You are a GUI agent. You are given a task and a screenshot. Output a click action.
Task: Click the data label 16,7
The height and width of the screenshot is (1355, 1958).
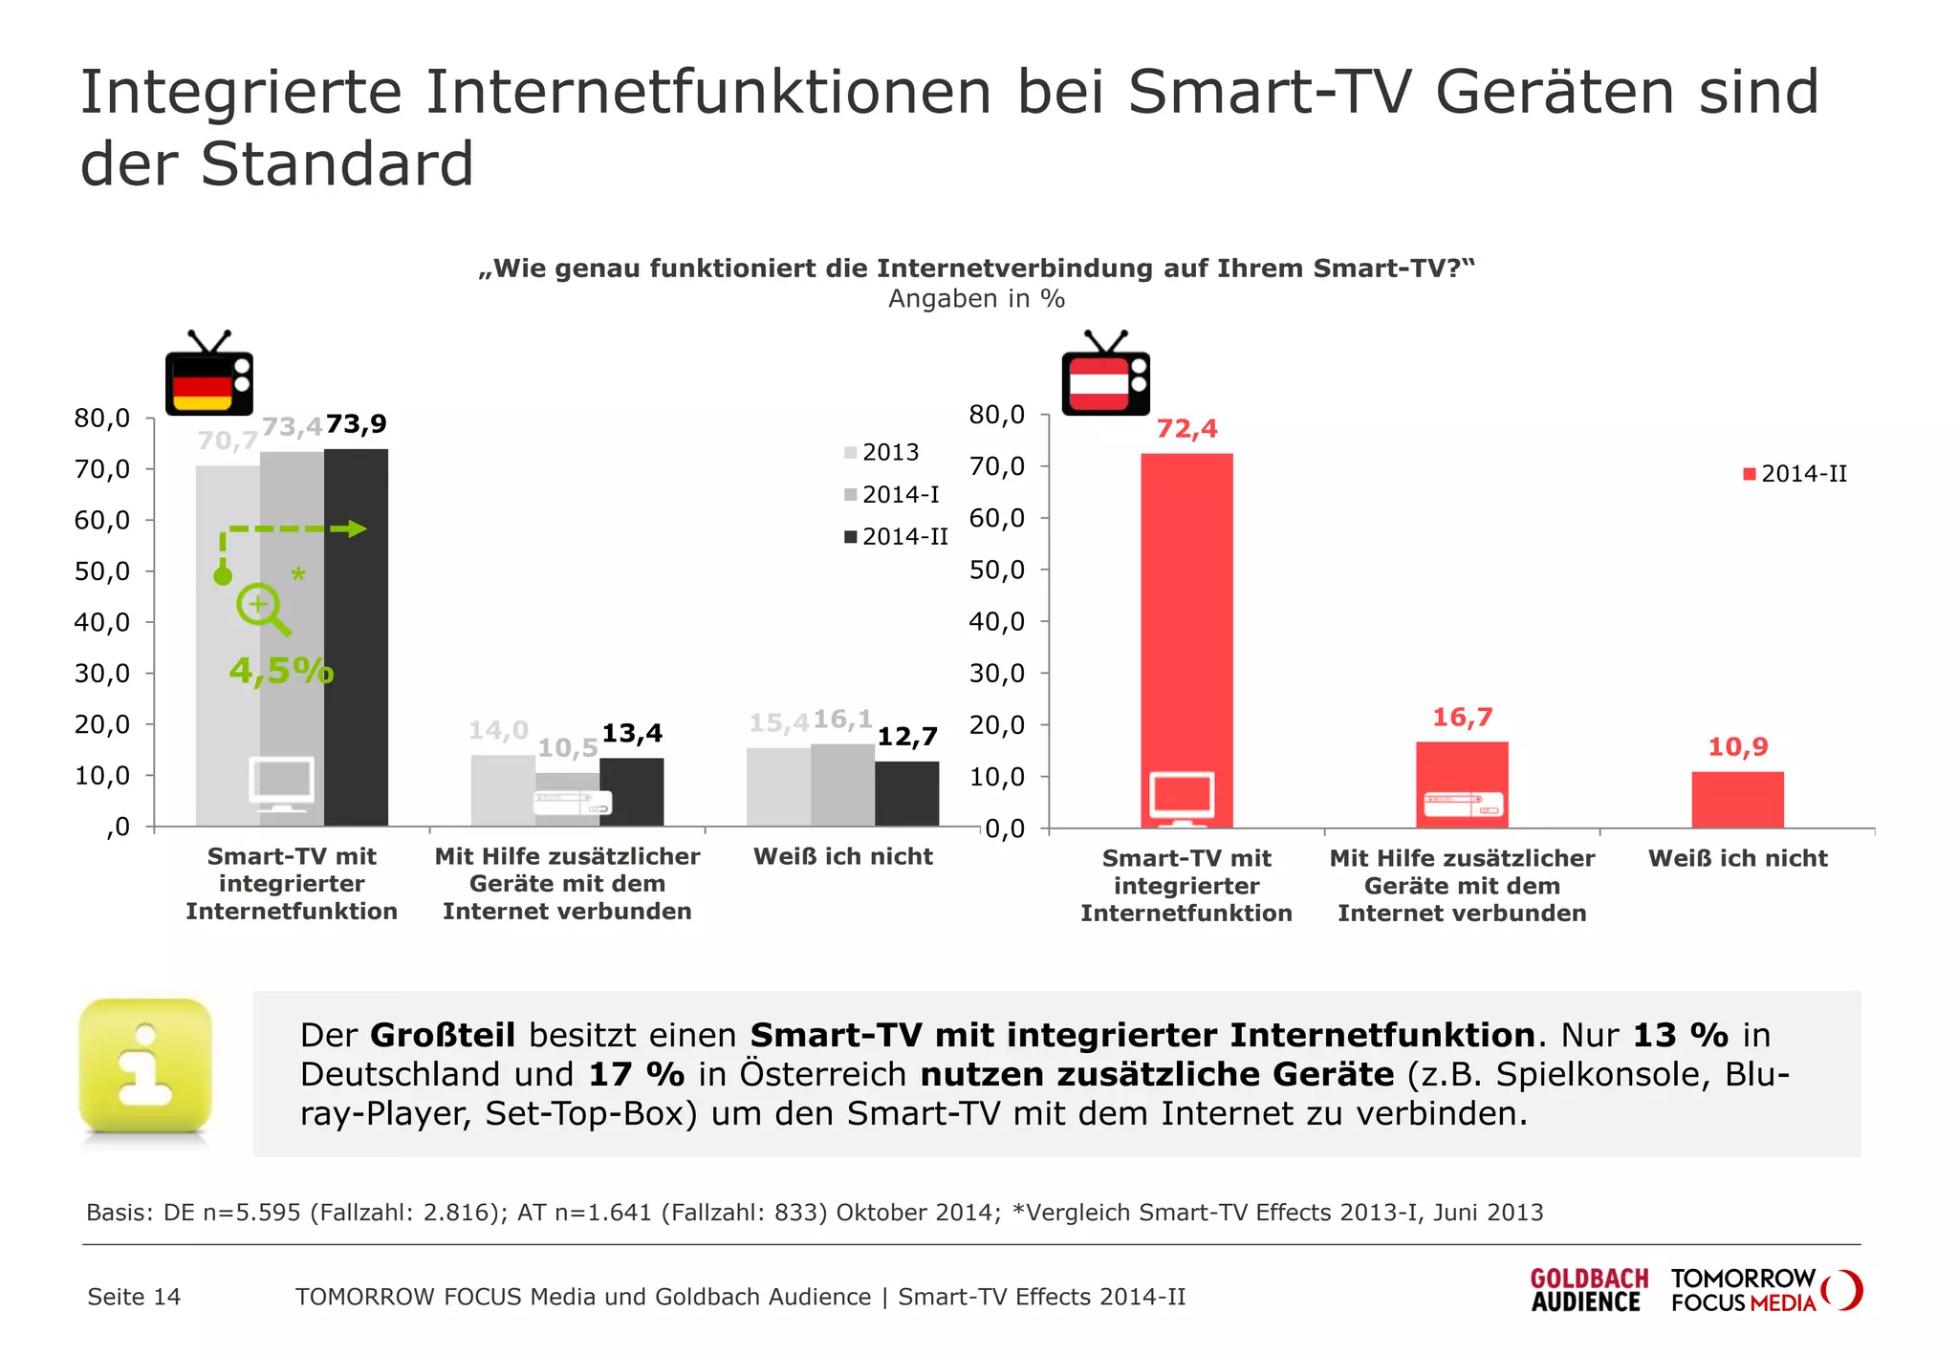tap(1462, 718)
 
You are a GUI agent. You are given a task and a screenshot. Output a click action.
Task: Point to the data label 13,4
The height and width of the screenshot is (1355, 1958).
tap(632, 734)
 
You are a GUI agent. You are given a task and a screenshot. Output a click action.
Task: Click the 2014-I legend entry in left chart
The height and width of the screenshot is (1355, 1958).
tap(893, 495)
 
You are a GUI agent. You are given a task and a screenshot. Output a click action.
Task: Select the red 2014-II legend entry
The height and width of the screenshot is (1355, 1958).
tap(1795, 474)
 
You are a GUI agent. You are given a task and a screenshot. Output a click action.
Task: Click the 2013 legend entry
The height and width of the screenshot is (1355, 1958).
tap(881, 453)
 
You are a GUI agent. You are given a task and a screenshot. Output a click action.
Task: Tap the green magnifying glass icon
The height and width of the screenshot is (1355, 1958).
tap(263, 609)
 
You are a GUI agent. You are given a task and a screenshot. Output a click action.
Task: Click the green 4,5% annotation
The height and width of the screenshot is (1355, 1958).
tap(281, 671)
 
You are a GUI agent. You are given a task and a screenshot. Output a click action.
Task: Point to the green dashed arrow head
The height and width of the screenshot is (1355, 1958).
tap(356, 529)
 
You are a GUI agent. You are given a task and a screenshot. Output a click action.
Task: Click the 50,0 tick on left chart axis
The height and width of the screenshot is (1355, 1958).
tap(102, 571)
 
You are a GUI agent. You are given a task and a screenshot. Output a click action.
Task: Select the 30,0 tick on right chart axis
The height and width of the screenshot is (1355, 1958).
tap(997, 674)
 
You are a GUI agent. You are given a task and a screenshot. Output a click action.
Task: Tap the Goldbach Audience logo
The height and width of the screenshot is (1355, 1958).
tap(1588, 1290)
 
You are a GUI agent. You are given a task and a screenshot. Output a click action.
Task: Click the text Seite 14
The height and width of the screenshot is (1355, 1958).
tap(134, 1297)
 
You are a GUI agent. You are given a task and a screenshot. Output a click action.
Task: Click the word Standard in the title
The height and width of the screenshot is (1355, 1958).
tap(337, 163)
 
